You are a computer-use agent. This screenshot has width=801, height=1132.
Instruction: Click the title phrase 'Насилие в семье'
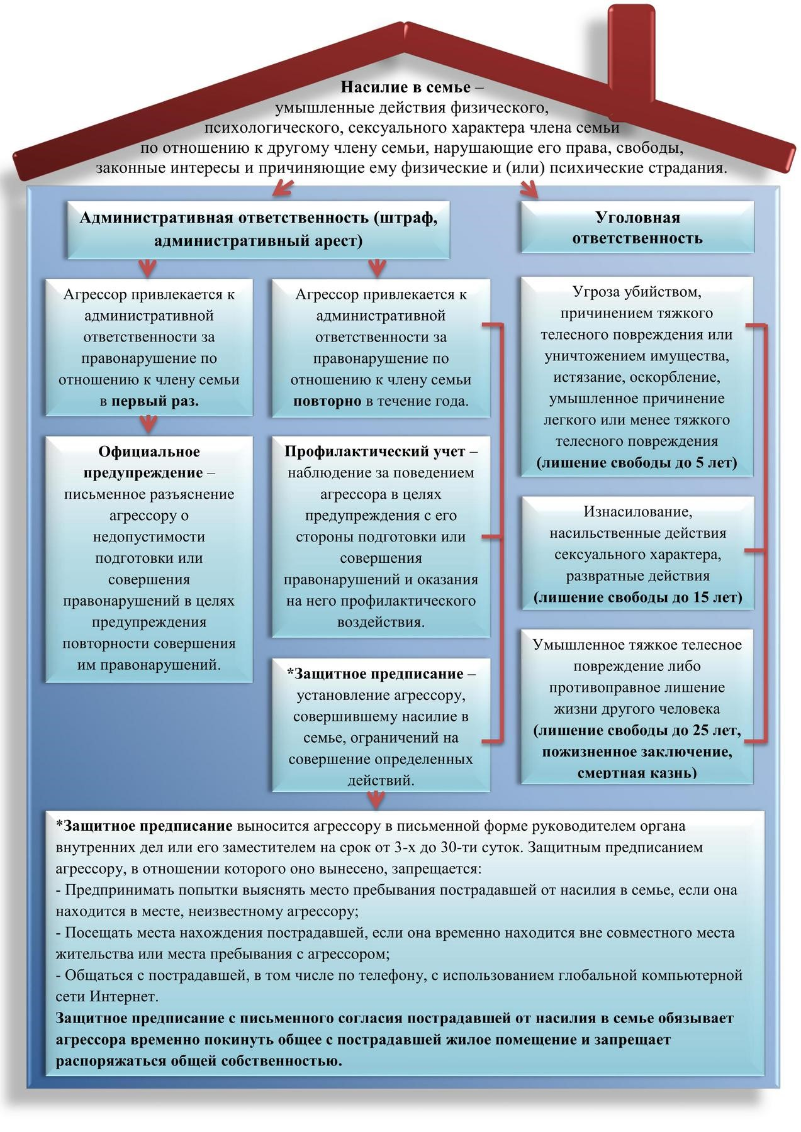tap(405, 86)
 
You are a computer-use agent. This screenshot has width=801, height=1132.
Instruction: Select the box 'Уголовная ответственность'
tap(637, 228)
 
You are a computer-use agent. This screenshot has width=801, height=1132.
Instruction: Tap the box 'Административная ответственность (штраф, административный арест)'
tap(259, 229)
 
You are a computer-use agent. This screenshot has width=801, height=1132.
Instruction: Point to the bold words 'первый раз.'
tap(155, 401)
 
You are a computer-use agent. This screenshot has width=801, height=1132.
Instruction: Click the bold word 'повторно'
tap(327, 401)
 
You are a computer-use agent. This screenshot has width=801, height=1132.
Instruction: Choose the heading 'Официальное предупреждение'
tap(149, 462)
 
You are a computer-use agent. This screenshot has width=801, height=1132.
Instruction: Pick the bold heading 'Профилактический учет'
tap(374, 452)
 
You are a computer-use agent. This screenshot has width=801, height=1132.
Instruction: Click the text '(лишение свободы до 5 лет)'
tap(637, 463)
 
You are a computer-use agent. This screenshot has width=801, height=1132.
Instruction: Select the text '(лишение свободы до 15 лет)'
tap(637, 597)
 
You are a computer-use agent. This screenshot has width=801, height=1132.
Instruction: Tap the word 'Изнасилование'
tap(637, 512)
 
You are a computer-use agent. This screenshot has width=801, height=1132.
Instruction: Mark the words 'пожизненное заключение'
tap(637, 752)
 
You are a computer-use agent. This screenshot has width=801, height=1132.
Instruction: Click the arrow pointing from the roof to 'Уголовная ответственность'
tap(529, 189)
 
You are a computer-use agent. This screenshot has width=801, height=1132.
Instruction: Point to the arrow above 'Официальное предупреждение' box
tap(148, 425)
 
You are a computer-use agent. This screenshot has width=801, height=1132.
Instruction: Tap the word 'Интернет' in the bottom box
tap(124, 997)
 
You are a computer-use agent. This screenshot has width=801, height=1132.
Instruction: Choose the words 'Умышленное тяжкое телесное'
tap(637, 645)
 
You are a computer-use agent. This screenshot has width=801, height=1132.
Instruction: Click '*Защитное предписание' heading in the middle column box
tap(375, 674)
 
